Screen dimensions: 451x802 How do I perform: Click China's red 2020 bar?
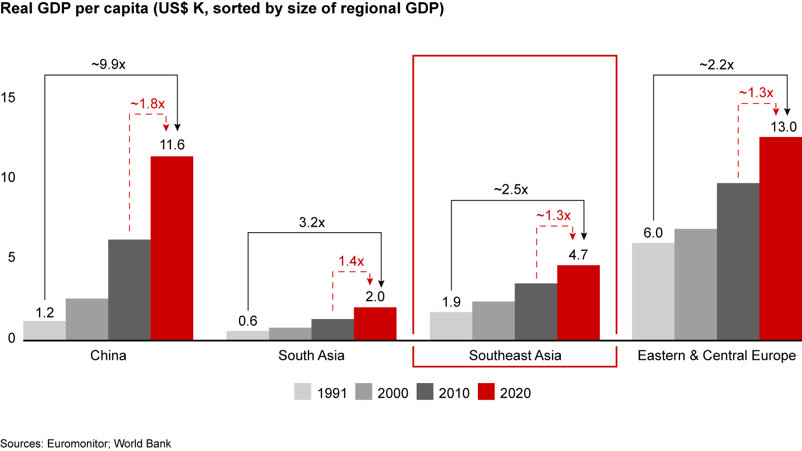(x=172, y=248)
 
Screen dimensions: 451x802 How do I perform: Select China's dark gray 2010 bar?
(x=129, y=290)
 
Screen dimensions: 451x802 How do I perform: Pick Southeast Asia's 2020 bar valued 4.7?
(x=578, y=302)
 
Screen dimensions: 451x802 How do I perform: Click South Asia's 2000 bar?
(x=290, y=334)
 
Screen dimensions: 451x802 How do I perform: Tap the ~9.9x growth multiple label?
(x=109, y=64)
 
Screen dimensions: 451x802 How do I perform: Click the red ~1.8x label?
(x=148, y=104)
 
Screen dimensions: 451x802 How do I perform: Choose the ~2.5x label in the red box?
(x=511, y=189)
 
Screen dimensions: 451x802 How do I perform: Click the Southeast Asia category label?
(x=515, y=355)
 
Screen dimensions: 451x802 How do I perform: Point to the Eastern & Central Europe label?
(x=717, y=355)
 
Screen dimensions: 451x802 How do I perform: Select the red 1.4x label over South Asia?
(x=351, y=261)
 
